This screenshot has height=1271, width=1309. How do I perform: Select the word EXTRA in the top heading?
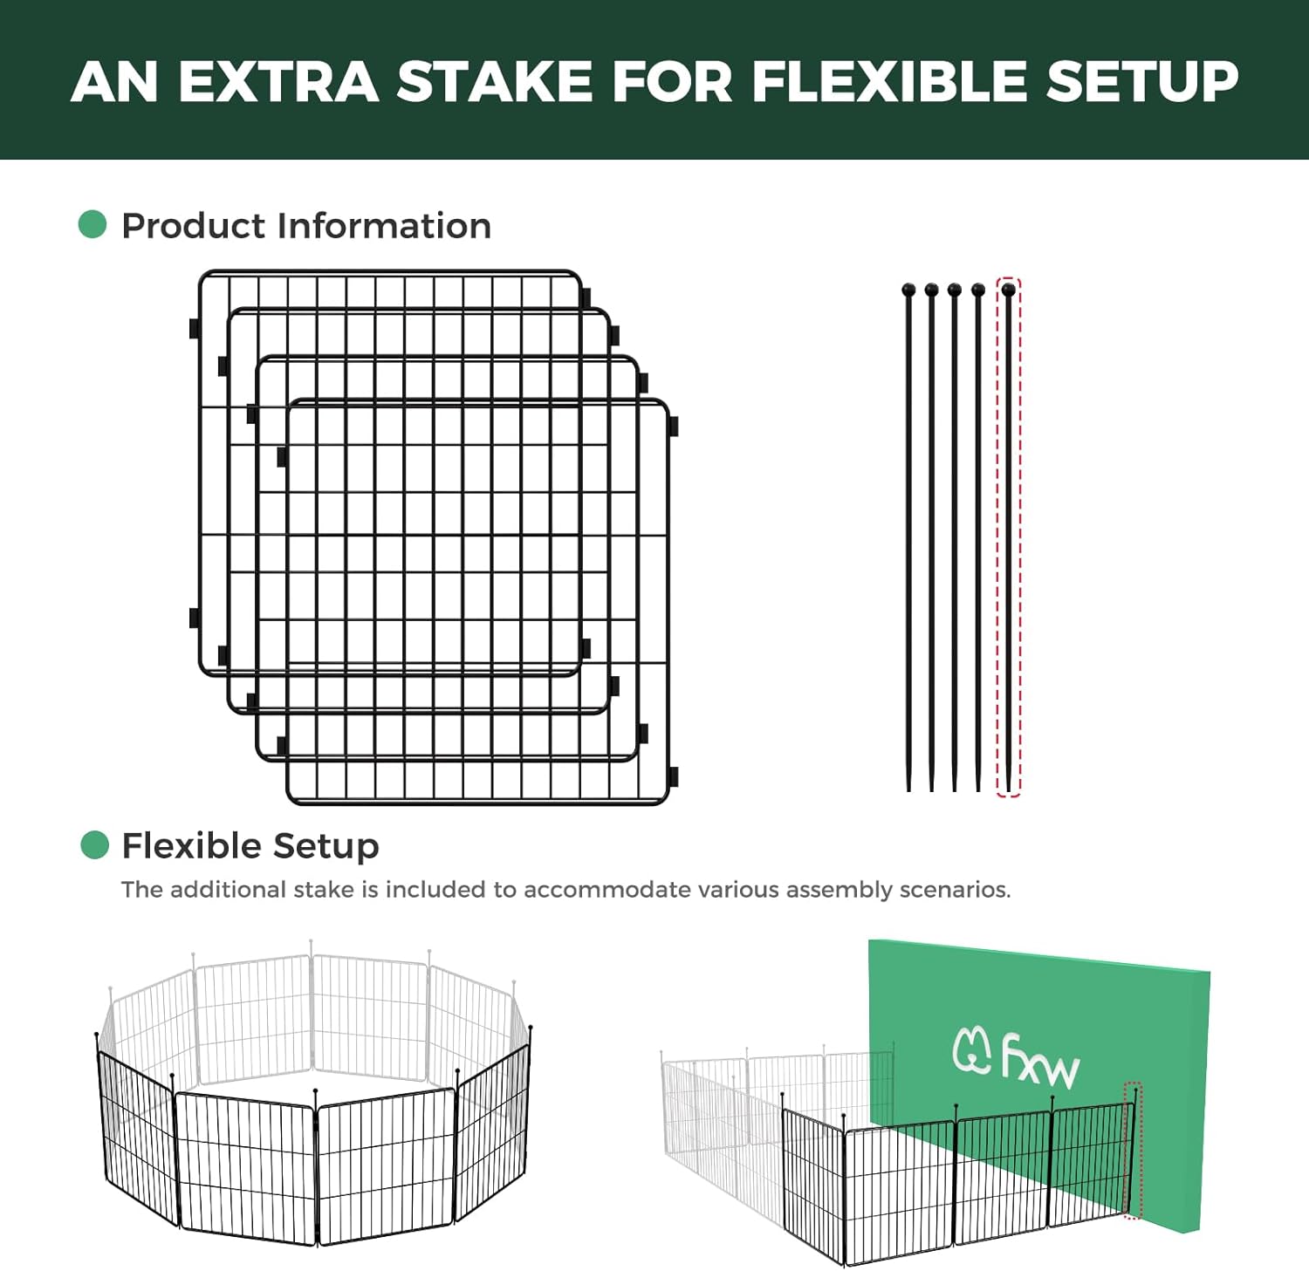[278, 81]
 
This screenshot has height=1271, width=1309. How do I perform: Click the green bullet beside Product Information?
[93, 224]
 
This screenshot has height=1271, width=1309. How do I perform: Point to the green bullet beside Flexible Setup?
[94, 844]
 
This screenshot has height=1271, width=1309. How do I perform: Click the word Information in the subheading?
[384, 226]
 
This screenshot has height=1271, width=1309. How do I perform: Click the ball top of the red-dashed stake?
[1009, 290]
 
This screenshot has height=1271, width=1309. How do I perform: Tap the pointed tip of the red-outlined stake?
[1009, 789]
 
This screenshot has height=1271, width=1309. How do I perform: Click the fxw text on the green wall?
[1039, 1060]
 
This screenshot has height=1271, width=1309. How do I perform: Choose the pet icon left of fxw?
[971, 1049]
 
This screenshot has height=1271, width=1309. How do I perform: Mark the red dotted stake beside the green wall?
[1133, 1150]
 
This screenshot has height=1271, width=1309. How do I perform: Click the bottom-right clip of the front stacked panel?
[673, 776]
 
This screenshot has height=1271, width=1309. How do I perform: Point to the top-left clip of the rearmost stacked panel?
[194, 328]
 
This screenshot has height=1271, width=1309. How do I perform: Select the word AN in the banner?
[114, 81]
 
